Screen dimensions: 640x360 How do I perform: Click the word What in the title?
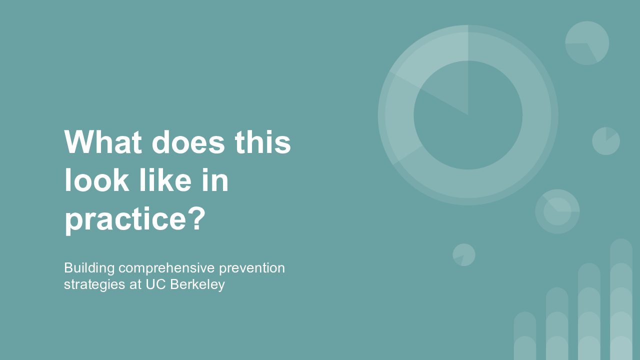coord(103,142)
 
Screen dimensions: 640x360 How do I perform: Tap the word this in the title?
coord(263,142)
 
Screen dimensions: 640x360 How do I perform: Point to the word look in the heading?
coord(97,179)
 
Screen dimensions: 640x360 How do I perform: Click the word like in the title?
coord(165,179)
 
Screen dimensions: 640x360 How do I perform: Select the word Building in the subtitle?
coord(89,268)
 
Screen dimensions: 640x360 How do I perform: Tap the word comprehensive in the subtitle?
coord(166,268)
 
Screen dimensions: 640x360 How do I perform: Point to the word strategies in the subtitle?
coord(94,284)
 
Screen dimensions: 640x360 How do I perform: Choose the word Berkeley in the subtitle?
coord(197,284)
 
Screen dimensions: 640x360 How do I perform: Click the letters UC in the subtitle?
coord(156,284)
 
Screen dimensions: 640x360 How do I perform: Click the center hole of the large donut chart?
coord(468,115)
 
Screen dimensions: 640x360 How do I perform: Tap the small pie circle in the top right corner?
coord(587,43)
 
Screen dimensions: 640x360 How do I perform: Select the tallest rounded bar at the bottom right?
coord(621,299)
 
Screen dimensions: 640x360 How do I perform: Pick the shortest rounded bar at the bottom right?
coord(525,335)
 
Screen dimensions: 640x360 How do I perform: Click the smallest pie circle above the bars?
coord(464,255)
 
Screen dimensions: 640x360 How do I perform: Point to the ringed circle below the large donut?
coord(557,211)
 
